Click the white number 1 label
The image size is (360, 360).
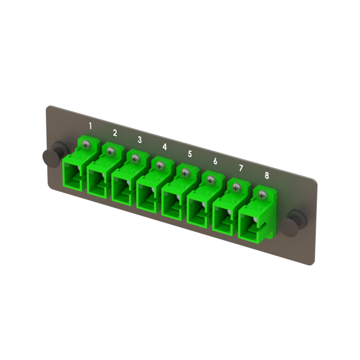click(x=91, y=125)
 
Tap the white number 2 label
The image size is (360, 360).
click(x=115, y=133)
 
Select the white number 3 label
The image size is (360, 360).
click(x=139, y=139)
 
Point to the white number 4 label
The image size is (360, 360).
click(x=165, y=147)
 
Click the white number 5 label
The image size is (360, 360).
click(x=190, y=154)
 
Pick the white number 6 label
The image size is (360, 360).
click(x=215, y=161)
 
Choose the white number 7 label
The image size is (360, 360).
click(x=241, y=168)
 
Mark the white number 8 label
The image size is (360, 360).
click(x=266, y=175)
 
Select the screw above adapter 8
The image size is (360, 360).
click(x=262, y=194)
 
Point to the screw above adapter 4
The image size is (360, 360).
click(x=160, y=166)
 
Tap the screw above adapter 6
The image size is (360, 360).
click(x=210, y=180)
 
